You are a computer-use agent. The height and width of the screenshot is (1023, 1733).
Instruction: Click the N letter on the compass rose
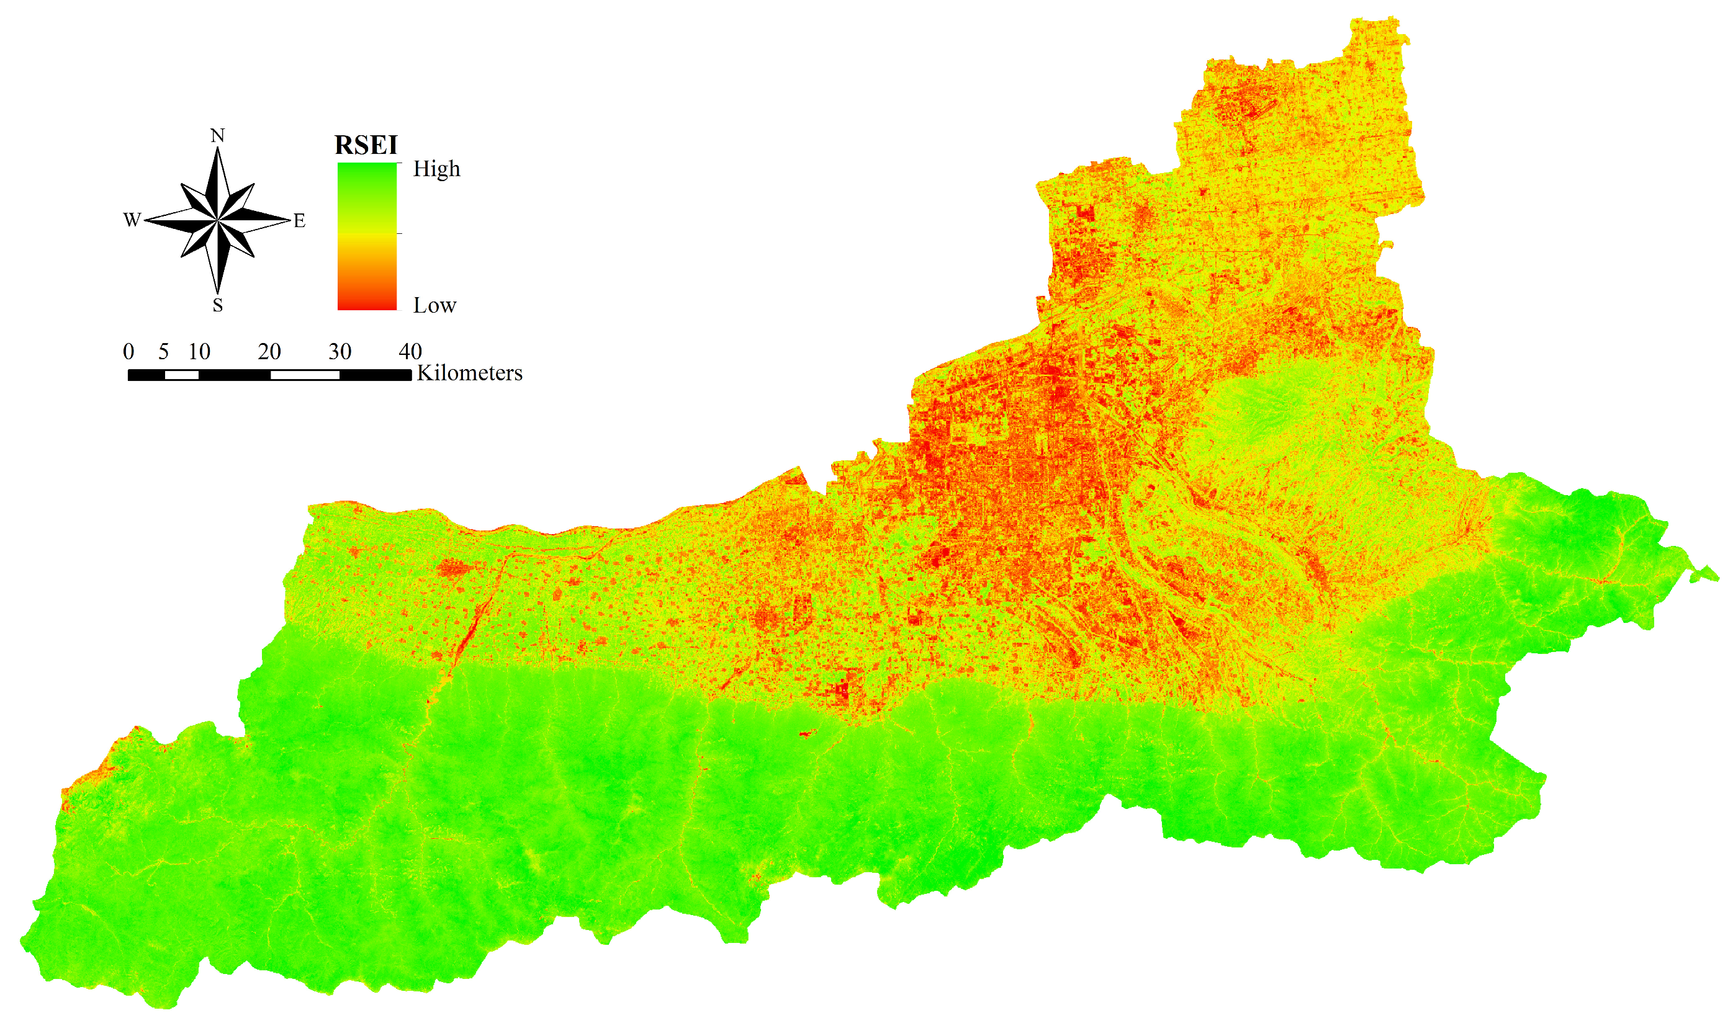click(218, 136)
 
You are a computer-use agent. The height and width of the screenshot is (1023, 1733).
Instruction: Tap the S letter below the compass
click(218, 305)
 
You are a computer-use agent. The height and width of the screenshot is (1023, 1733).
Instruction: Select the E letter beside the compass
click(299, 221)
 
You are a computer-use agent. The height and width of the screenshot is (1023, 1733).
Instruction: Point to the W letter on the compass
click(132, 220)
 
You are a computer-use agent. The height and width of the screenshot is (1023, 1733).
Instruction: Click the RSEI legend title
click(366, 145)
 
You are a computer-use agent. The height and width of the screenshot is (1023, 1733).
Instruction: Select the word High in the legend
click(436, 169)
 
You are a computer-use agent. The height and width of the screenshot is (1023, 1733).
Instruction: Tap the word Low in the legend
click(435, 305)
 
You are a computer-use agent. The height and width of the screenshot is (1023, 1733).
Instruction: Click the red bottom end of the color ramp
click(367, 303)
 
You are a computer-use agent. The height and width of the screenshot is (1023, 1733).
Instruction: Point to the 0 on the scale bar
click(129, 352)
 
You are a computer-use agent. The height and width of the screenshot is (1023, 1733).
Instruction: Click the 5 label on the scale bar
click(163, 352)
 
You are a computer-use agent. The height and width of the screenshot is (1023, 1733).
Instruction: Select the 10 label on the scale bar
click(199, 352)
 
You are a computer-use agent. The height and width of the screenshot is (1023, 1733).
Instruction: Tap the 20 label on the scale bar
click(269, 352)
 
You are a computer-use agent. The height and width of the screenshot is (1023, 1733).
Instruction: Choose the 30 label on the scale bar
click(340, 352)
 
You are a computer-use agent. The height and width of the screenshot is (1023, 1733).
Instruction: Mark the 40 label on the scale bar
click(410, 352)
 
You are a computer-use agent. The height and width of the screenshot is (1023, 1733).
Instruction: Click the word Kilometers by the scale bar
click(470, 373)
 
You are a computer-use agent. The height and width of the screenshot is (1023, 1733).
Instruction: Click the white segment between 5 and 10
click(182, 375)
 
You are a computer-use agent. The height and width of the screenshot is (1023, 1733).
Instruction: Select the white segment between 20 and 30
click(305, 375)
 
